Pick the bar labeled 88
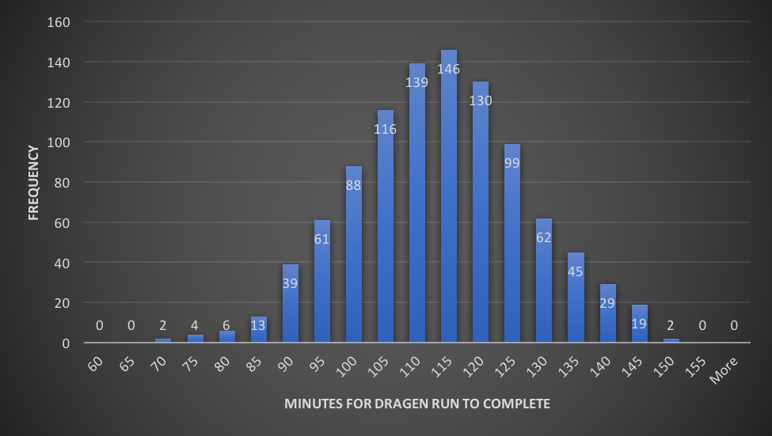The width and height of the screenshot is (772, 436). pos(354,261)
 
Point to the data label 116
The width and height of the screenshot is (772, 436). pos(386,129)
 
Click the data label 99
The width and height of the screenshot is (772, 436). pos(512,163)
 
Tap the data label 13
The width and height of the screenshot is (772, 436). pos(259,325)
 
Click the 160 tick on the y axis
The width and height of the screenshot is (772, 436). pos(61,22)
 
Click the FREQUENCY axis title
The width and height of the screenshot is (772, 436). pos(34,182)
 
